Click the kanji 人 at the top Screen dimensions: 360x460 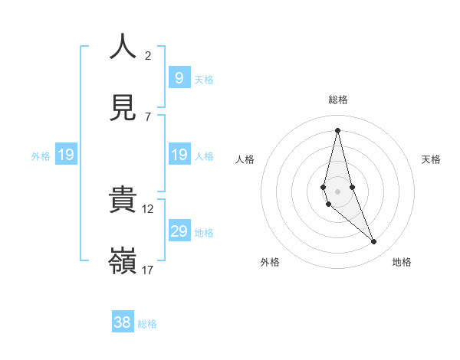pos(123,47)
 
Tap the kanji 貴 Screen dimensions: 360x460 pos(123,200)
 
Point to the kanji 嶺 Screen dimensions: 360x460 pos(123,261)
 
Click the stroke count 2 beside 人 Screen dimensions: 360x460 pos(148,55)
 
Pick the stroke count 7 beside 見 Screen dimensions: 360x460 pos(148,116)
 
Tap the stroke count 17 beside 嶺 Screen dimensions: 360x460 pos(148,270)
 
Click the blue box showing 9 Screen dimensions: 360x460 pos(179,77)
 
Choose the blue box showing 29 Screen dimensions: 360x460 pos(179,231)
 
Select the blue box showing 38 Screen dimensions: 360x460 pos(123,322)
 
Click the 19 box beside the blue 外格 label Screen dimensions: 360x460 pos(66,155)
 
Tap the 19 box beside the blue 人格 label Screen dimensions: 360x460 pos(179,155)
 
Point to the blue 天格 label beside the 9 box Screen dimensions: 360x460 pos(204,79)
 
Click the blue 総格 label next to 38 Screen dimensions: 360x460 pos(147,324)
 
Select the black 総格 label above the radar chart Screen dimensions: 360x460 pos(338,100)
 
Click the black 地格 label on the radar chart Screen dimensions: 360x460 pos(402,262)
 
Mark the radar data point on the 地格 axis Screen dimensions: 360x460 pos(374,242)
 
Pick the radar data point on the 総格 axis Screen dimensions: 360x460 pos(337,129)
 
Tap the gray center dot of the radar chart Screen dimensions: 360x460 pos(337,191)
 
